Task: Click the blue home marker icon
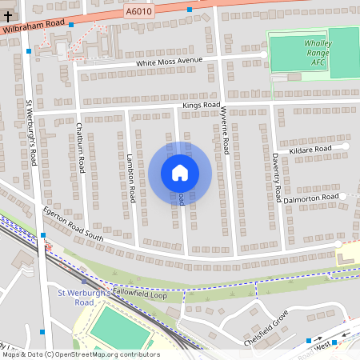(x=180, y=173)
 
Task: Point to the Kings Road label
(x=201, y=106)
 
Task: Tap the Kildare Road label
(x=311, y=149)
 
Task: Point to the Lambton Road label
(x=130, y=178)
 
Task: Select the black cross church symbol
(x=8, y=15)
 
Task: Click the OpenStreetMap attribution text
(x=80, y=354)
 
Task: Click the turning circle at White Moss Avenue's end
(x=264, y=54)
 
